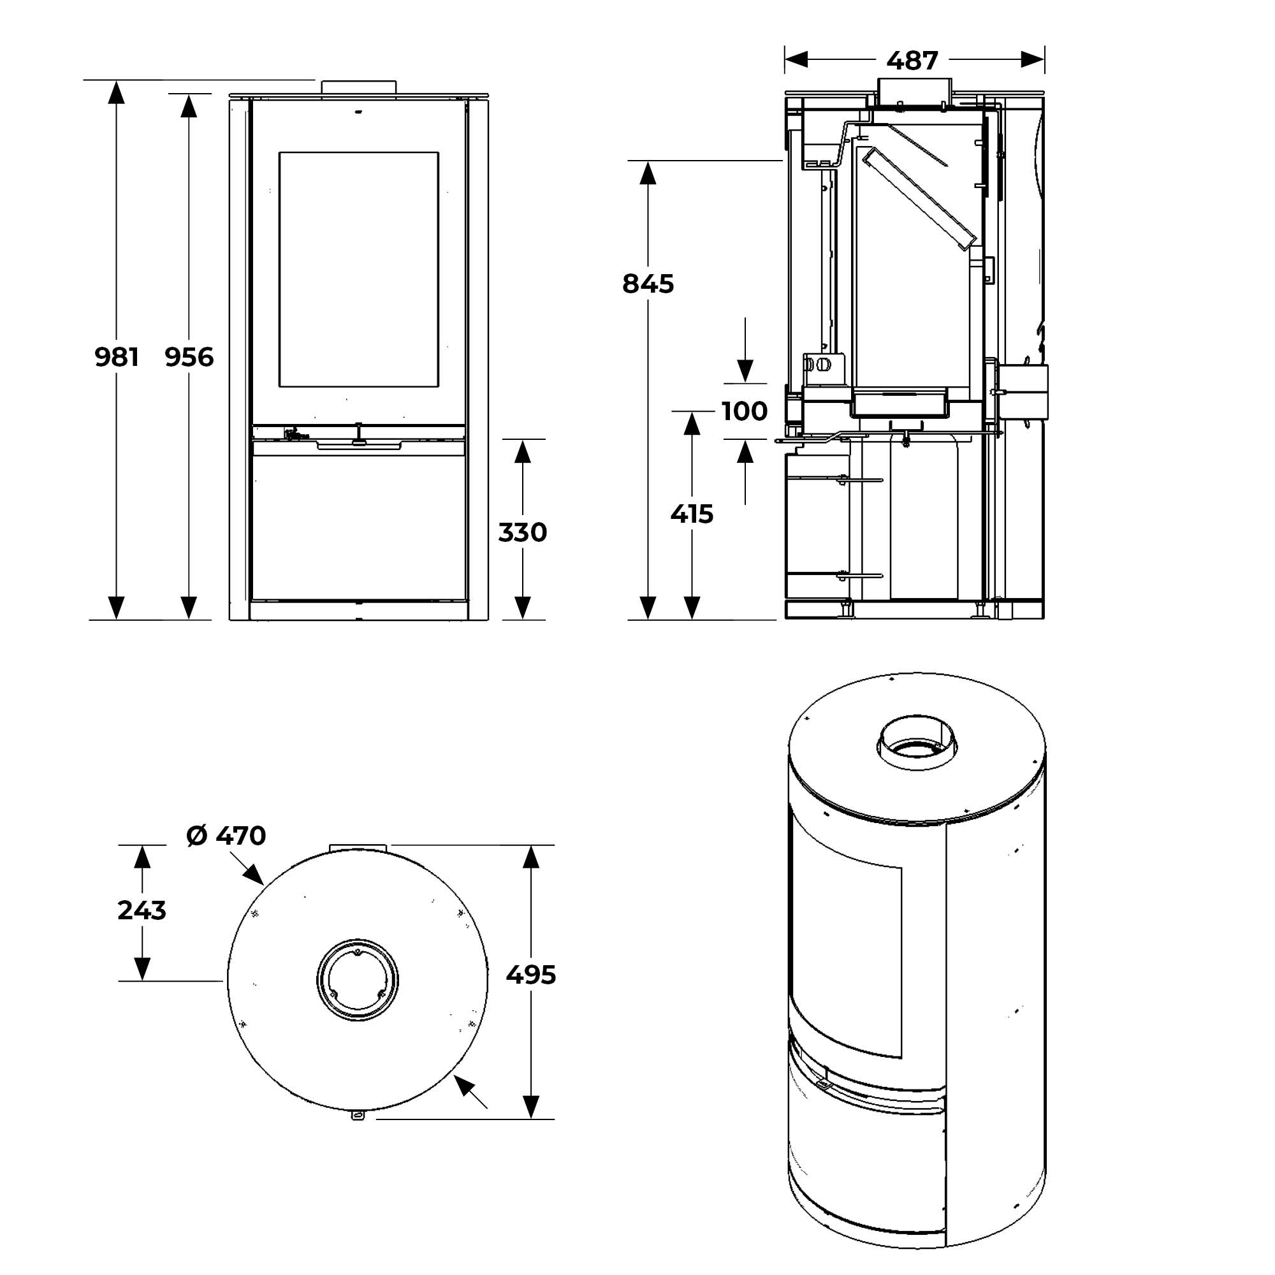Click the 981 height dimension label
[x=117, y=357]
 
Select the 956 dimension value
[x=189, y=357]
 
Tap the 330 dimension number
[x=522, y=532]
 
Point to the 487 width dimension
[x=912, y=61]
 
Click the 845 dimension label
[x=648, y=284]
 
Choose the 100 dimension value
[x=745, y=411]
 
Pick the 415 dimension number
[x=692, y=513]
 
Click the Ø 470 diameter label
[x=226, y=836]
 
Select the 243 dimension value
[x=142, y=910]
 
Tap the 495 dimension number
[x=530, y=975]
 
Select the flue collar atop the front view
[x=358, y=87]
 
